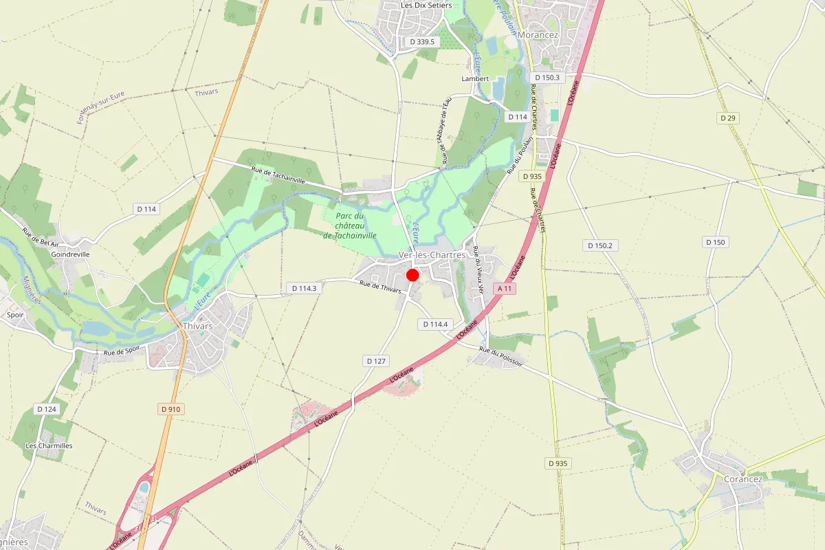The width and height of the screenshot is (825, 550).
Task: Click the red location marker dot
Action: click(412, 275)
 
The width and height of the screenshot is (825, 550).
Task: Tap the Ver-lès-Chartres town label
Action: click(432, 255)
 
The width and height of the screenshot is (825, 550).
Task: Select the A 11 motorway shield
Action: click(505, 289)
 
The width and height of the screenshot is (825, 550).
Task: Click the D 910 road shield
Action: click(170, 409)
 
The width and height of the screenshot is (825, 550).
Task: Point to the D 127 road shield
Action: click(375, 360)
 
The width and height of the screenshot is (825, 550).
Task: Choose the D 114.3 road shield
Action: click(304, 288)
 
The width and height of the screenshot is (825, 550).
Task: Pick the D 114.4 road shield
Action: click(435, 324)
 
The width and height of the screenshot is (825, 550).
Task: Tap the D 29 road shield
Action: click(728, 118)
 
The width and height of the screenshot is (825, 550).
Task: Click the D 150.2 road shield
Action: click(600, 245)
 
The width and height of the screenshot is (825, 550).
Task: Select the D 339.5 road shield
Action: click(423, 42)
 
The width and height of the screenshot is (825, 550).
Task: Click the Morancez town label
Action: click(539, 34)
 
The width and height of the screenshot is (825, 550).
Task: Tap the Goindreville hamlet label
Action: click(71, 254)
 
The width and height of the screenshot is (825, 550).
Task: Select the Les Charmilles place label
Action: click(49, 445)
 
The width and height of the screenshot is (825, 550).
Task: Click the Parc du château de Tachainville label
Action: click(349, 225)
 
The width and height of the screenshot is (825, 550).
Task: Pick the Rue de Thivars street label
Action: click(380, 288)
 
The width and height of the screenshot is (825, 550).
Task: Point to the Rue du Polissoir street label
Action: click(501, 357)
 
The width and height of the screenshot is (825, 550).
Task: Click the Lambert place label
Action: click(475, 78)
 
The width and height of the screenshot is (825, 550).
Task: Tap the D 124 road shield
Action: click(46, 409)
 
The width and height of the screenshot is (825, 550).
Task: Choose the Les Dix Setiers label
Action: click(426, 5)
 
